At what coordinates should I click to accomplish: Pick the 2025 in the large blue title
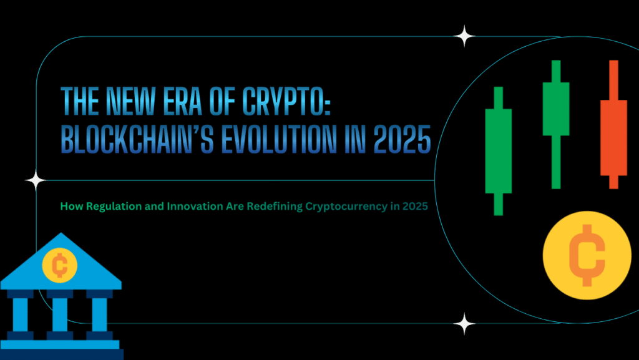click(x=400, y=140)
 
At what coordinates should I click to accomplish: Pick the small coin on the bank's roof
click(x=60, y=266)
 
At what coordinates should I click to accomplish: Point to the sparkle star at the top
click(x=464, y=36)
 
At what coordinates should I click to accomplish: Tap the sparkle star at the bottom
click(x=464, y=324)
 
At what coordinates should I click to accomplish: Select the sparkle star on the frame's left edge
click(x=36, y=181)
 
